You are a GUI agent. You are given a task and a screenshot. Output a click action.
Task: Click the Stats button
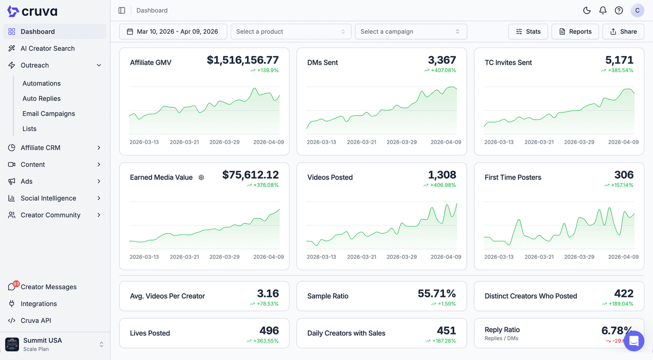(528, 32)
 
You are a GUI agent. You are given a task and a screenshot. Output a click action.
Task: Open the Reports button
(575, 32)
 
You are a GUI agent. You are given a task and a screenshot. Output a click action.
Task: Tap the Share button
(623, 32)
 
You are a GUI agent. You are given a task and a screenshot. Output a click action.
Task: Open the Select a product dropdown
(291, 32)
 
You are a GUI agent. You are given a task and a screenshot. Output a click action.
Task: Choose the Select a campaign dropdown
(410, 32)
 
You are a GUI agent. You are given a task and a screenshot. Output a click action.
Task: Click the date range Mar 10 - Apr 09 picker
(173, 32)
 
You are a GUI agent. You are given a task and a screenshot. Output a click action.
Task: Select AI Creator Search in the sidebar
(47, 48)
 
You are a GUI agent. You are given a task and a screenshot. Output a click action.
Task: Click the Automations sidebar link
(41, 83)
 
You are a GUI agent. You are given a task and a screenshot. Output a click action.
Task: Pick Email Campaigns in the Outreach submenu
(48, 114)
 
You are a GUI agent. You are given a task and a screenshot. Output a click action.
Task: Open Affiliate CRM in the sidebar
(40, 147)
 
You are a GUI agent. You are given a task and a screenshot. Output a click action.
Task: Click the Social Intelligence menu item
(48, 198)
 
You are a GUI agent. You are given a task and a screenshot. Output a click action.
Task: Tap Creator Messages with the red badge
(48, 287)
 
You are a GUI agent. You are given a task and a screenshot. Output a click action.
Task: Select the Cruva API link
(35, 320)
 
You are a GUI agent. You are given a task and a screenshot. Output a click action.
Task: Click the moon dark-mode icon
(587, 10)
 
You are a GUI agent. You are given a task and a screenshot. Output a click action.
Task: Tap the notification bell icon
(602, 10)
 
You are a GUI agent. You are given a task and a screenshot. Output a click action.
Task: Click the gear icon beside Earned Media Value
(201, 177)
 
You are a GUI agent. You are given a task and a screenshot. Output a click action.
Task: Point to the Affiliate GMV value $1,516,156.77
(243, 60)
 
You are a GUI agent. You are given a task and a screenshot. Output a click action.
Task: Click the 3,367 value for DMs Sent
(442, 60)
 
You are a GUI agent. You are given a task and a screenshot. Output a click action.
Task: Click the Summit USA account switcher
(54, 344)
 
